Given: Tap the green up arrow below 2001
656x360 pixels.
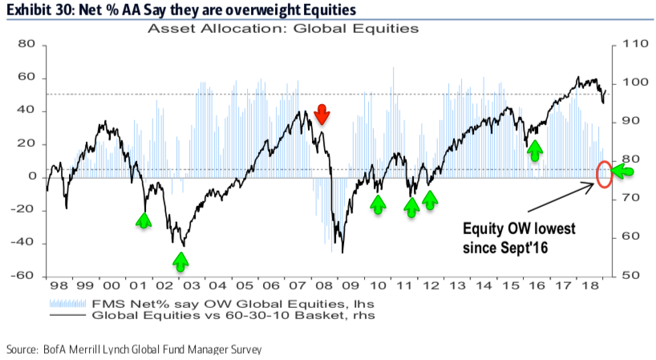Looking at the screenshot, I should point(144,219).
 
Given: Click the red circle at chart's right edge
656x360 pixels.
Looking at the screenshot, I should point(605,172).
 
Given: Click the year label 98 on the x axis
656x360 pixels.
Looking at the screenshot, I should point(58,286).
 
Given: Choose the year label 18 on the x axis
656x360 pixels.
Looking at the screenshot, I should point(589,286).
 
